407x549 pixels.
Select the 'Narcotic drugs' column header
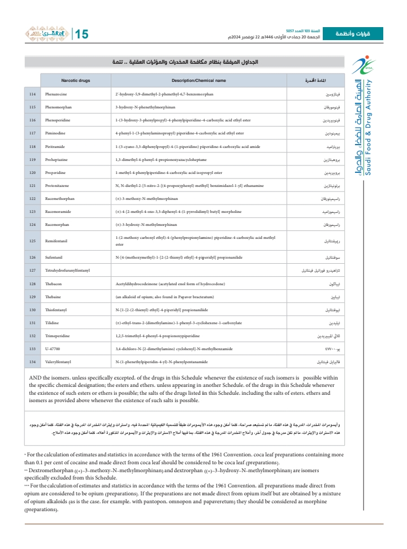(75, 81)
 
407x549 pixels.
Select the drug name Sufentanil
(55, 258)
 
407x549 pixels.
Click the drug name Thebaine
(54, 297)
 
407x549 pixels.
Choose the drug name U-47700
(53, 348)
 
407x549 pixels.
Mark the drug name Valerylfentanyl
(59, 361)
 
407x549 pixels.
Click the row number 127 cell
(32, 271)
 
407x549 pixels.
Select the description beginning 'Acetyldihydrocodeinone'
(170, 284)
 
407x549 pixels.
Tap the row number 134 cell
(32, 361)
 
